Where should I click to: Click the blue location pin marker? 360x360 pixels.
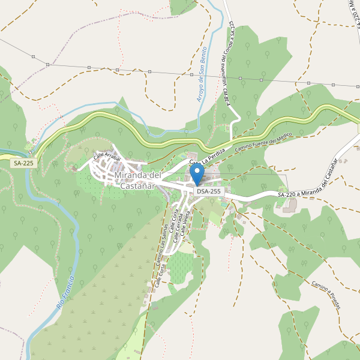click(x=197, y=175)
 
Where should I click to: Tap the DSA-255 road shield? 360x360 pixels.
click(x=209, y=191)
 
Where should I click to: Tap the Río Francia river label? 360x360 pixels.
click(x=67, y=292)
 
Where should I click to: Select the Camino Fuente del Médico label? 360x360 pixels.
click(x=262, y=142)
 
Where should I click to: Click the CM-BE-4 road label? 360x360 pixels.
click(x=227, y=96)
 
